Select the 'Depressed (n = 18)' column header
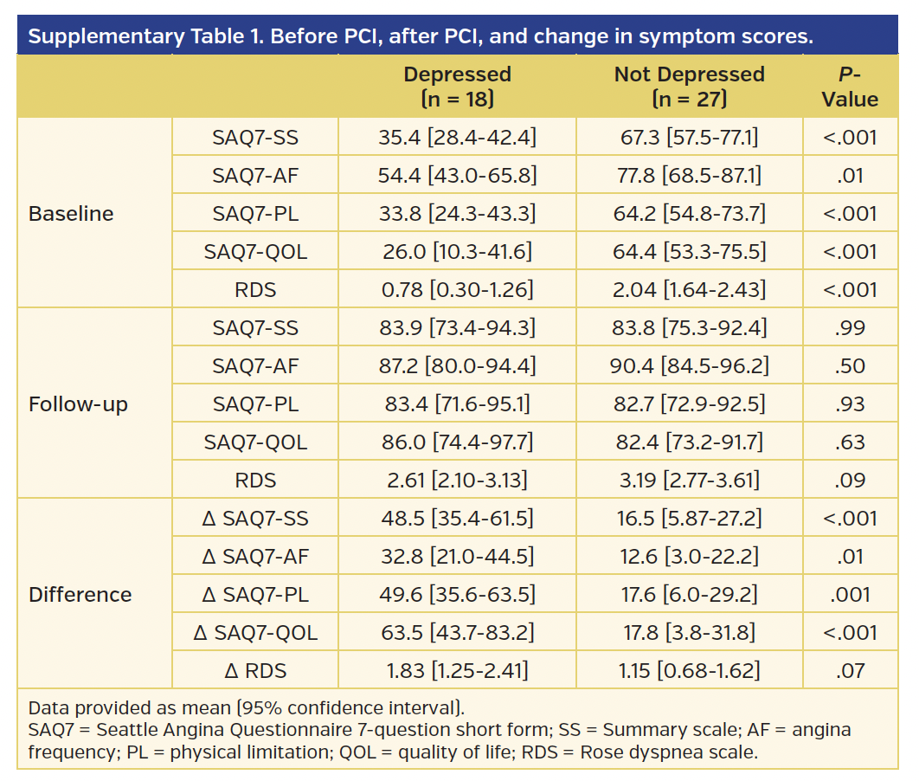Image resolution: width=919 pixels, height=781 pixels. coord(457,87)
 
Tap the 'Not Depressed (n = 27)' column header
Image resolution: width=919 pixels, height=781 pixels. coord(689,87)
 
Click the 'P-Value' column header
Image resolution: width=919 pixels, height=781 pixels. coord(850,87)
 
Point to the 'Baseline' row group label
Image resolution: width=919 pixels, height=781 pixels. coord(71,214)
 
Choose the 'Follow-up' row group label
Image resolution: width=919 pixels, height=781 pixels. coord(78,404)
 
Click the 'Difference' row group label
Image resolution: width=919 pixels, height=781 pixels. coord(80,595)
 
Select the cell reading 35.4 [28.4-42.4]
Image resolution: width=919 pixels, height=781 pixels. coord(457,138)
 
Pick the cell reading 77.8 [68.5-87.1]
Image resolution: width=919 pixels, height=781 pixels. coord(689,176)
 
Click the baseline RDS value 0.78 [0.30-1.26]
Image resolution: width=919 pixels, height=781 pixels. coord(457,290)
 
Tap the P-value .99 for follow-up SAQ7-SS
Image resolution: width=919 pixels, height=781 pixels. coord(850,328)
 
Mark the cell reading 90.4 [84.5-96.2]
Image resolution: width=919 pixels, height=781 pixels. coord(689,366)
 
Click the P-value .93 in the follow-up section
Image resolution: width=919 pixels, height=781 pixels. coord(850,404)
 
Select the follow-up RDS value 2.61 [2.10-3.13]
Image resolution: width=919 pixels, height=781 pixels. coord(457,481)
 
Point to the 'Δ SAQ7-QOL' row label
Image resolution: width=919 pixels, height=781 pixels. coord(255,633)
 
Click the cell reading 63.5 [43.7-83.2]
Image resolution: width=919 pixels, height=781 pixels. coord(457,633)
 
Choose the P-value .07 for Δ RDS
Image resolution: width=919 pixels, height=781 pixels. coord(850,671)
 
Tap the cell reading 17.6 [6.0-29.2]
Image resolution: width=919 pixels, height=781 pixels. coord(689,595)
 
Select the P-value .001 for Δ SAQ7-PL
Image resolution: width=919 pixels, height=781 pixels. coord(850,595)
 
